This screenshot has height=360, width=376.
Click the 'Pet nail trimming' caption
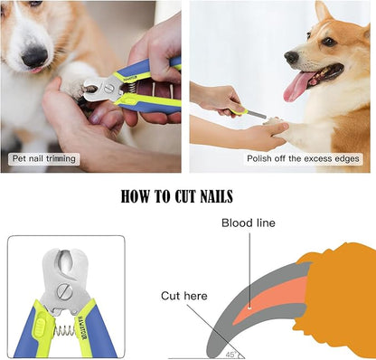[43, 159]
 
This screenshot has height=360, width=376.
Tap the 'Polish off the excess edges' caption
[303, 159]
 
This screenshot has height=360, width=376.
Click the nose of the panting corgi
[291, 56]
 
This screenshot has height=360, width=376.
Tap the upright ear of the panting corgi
[323, 13]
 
